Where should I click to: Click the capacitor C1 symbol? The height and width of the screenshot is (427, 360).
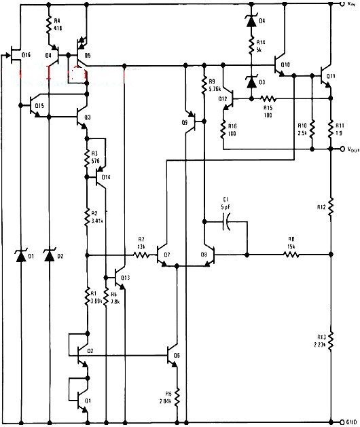pyautogui.click(x=229, y=221)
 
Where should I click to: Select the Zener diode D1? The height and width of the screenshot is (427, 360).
pyautogui.click(x=20, y=257)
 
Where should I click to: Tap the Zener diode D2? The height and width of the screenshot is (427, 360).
pyautogui.click(x=49, y=257)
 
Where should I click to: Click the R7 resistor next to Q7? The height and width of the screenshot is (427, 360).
pyautogui.click(x=141, y=255)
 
